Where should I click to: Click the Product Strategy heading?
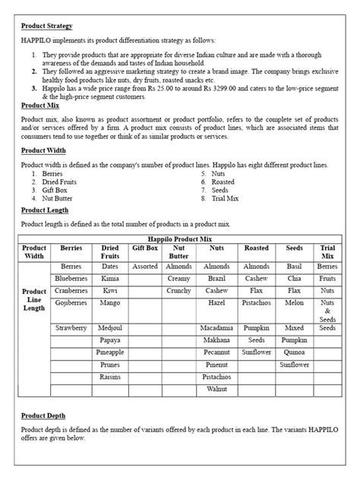point(46,26)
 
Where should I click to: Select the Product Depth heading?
point(43,415)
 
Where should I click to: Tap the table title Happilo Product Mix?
point(179,238)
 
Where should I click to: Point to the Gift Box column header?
point(145,248)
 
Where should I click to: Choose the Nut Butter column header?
point(179,252)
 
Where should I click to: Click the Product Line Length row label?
point(34,300)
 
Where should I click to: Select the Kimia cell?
point(109,279)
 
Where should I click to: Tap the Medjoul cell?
point(109,327)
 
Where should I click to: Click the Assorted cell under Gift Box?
point(145,267)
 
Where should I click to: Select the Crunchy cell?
point(179,290)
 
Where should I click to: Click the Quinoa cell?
point(294,352)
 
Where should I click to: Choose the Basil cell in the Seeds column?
point(294,267)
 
